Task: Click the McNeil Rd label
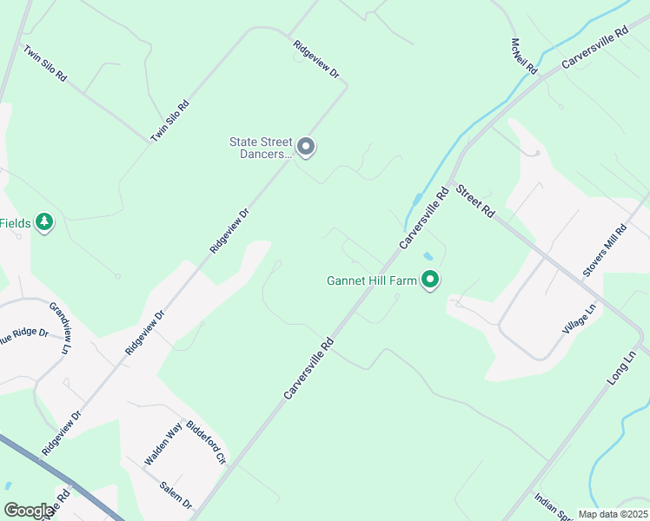(x=525, y=56)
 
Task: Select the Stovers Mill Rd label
(x=606, y=251)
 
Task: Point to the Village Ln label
(x=579, y=320)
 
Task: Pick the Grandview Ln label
(x=59, y=327)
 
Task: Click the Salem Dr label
(x=176, y=496)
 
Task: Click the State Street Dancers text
(x=261, y=148)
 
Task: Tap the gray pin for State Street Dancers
(x=306, y=147)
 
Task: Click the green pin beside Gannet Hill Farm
(x=430, y=280)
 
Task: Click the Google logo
(x=29, y=511)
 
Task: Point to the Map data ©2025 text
(x=613, y=514)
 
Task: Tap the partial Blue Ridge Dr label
(x=23, y=333)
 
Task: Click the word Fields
(x=15, y=223)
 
